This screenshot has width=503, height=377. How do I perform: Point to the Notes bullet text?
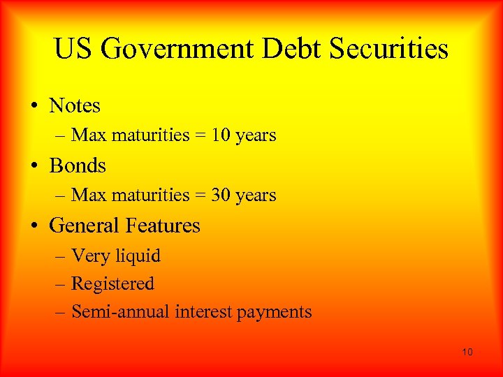pos(75,106)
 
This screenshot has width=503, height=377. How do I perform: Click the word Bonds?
pos(78,166)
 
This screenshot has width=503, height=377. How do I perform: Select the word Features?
pos(162,226)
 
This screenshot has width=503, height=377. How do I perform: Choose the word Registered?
pos(112,284)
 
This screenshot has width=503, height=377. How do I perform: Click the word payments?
pos(274,313)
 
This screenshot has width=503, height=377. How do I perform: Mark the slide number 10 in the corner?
pos(467,352)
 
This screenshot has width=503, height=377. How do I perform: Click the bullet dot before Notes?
pos(34,107)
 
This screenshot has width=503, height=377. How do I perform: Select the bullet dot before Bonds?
pos(34,167)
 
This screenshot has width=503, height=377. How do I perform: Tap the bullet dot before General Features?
pos(34,227)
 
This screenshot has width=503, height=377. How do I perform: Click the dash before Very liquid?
pos(61,257)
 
